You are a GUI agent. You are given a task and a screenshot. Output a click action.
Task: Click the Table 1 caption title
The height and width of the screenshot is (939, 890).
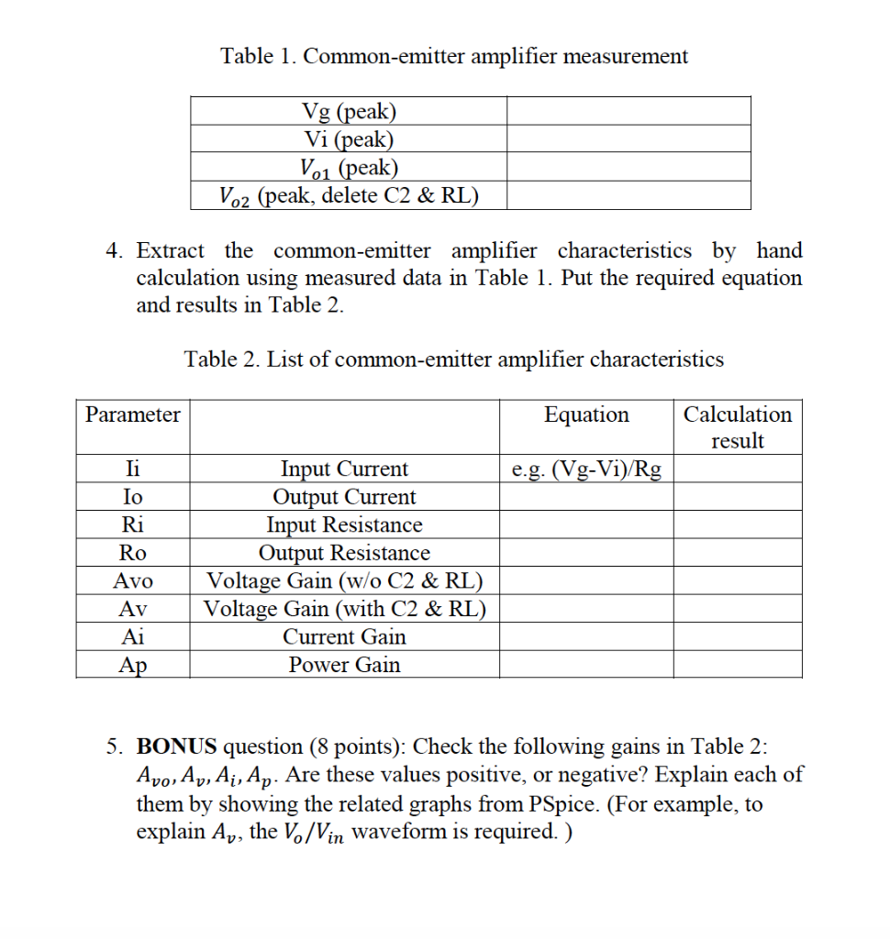(x=454, y=56)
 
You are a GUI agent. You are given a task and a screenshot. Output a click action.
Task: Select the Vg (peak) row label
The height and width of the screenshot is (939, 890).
(x=349, y=112)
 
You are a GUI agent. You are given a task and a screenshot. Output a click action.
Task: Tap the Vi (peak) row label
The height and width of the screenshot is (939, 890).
(x=349, y=139)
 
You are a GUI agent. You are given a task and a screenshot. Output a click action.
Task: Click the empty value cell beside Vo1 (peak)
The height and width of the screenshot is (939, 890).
(x=629, y=168)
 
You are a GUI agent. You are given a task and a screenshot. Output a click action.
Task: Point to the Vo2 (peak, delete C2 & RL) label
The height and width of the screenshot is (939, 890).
(x=349, y=195)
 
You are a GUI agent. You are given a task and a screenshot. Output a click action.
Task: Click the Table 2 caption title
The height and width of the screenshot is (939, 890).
(x=454, y=359)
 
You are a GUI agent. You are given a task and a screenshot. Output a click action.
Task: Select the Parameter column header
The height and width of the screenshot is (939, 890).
(x=133, y=414)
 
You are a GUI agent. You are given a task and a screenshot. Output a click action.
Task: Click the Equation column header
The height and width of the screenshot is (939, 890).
(x=586, y=414)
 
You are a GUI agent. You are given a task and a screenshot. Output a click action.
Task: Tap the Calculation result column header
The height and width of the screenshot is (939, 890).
(x=738, y=427)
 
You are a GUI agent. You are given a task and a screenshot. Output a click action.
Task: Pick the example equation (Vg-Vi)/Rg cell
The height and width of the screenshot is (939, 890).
(x=586, y=470)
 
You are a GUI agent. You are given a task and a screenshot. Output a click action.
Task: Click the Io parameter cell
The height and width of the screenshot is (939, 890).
(x=133, y=498)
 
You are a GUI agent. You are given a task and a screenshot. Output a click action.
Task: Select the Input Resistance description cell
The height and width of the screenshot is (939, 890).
(x=345, y=525)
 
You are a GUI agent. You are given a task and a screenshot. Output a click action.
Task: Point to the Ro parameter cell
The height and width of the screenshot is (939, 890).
(x=133, y=553)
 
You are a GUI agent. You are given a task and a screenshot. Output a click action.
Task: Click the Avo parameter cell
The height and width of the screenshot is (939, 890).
(x=133, y=581)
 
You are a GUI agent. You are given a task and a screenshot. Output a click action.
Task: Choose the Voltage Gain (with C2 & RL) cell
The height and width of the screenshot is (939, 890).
(x=345, y=609)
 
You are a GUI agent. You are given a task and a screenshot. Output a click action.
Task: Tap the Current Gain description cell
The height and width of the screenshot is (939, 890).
(x=345, y=636)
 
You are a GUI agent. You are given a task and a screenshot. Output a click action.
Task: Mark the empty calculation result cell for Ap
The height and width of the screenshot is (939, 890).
(x=738, y=665)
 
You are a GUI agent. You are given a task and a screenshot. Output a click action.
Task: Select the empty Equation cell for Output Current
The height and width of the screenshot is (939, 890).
(x=586, y=498)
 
